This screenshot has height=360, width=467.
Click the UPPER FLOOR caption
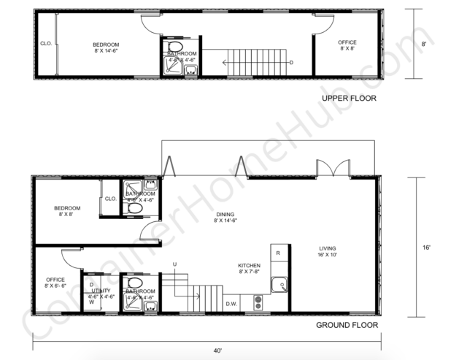[350, 98]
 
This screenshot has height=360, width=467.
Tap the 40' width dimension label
[217, 351]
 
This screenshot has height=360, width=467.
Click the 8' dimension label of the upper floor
[423, 45]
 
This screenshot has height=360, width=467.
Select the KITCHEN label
[249, 265]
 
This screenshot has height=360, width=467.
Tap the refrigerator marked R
[278, 253]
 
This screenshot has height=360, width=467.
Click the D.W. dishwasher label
[231, 303]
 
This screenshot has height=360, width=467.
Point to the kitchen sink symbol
[278, 285]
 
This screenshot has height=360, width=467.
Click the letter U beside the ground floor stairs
[174, 263]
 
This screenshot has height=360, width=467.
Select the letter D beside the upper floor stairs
[292, 63]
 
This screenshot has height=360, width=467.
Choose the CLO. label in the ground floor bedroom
[111, 199]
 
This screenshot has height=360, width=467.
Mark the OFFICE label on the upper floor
[347, 42]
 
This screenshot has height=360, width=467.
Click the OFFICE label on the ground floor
[55, 280]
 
